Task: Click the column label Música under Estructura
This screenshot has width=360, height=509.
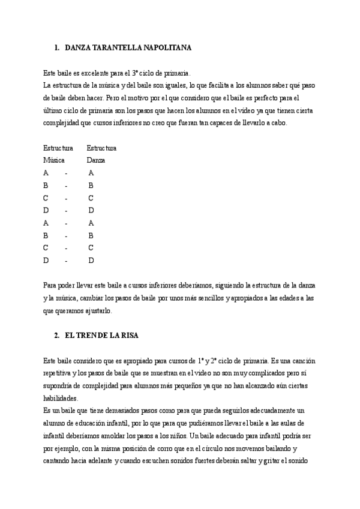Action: click(54, 160)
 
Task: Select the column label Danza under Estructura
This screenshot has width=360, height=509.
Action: click(95, 160)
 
